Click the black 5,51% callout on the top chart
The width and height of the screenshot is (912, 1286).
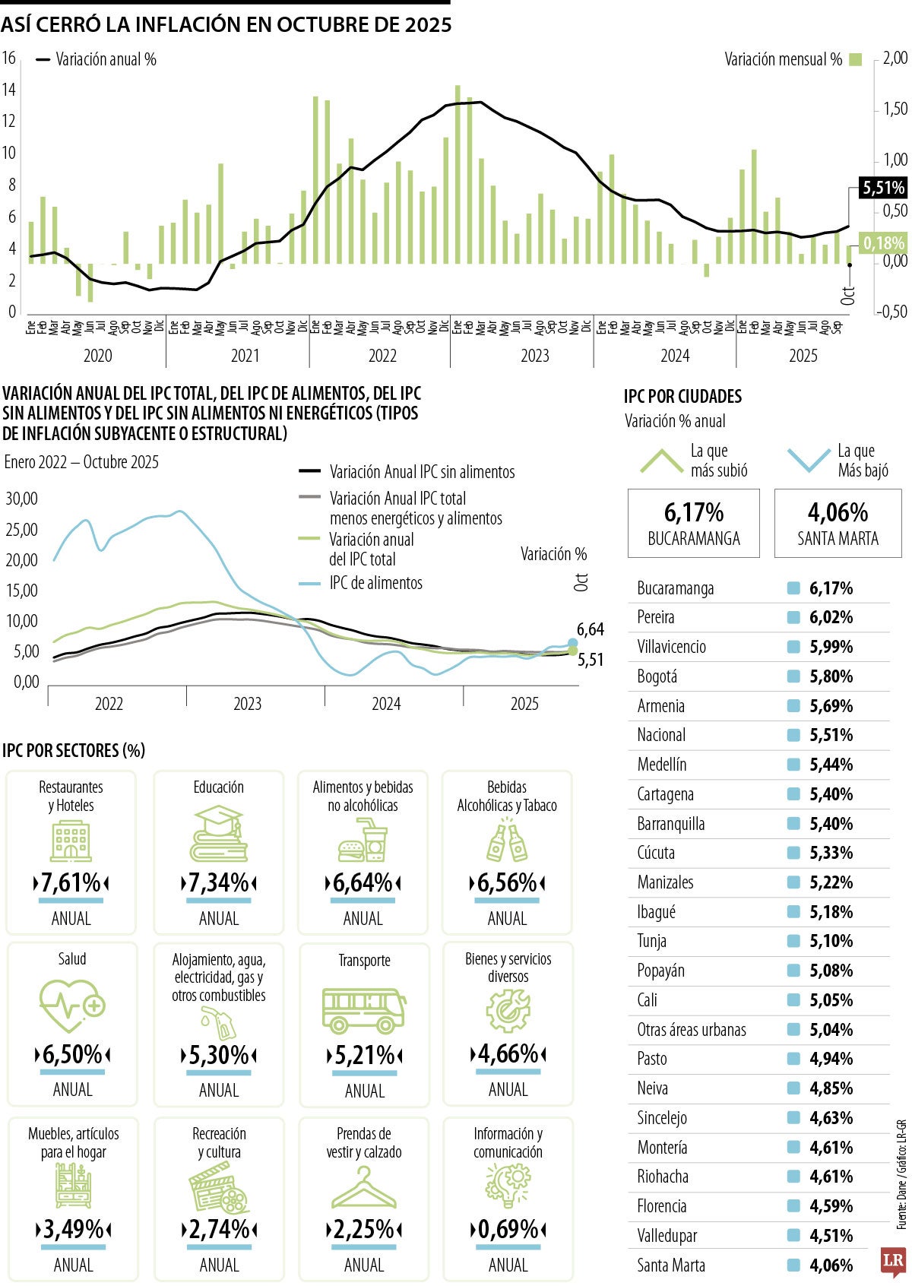[x=883, y=188]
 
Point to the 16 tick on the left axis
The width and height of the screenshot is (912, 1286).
[x=8, y=58]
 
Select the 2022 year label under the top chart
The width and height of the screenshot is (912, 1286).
[x=382, y=356]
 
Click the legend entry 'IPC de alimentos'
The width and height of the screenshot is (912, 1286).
[x=375, y=583]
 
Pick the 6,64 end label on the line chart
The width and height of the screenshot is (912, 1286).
[x=591, y=629]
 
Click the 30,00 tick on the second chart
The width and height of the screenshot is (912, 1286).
[x=21, y=499]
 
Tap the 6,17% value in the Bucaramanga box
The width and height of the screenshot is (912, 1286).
[x=693, y=512]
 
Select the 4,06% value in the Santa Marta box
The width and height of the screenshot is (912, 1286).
[x=838, y=512]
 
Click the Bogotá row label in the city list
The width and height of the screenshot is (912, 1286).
[x=657, y=676]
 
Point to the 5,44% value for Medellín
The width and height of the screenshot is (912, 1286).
[x=831, y=765]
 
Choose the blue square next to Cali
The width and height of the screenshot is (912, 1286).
[x=794, y=1000]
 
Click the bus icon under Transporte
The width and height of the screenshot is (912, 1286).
[x=363, y=1011]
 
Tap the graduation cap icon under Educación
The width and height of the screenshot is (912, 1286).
[x=219, y=834]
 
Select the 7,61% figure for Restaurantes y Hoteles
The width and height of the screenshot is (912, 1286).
[x=71, y=883]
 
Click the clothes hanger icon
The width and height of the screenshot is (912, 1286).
[x=364, y=1187]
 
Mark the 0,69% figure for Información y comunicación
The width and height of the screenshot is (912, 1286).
[x=508, y=1229]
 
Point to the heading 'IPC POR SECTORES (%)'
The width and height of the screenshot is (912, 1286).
[x=74, y=750]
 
